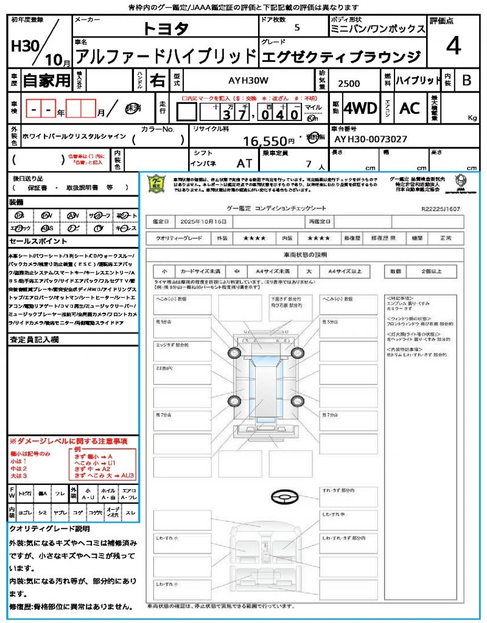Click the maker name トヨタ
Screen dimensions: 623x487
tap(166, 28)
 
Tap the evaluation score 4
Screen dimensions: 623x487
tap(452, 46)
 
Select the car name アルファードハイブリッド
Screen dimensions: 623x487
tap(164, 56)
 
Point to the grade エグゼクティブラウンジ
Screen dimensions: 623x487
tap(340, 57)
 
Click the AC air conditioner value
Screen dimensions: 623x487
tap(410, 108)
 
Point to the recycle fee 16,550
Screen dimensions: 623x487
tap(264, 141)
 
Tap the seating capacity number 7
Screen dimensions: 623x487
tap(309, 164)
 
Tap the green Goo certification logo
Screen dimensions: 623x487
tap(157, 184)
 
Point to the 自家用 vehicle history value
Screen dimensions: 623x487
tap(46, 80)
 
